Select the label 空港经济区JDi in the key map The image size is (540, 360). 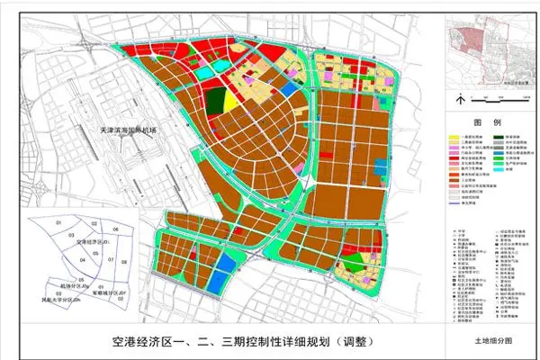click(x=94, y=242)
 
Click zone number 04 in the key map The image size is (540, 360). click(x=83, y=259)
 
